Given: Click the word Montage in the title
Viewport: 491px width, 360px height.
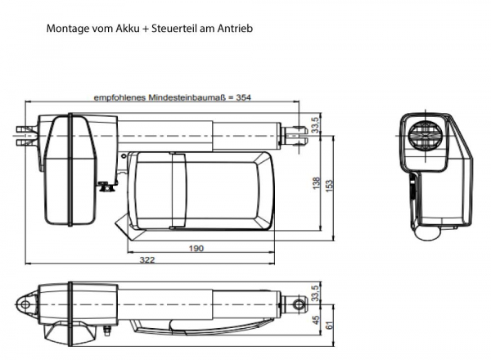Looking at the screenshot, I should (x=68, y=29).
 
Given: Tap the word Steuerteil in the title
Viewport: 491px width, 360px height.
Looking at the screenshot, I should (x=169, y=29).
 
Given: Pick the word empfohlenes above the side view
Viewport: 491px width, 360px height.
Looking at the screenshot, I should (x=119, y=97).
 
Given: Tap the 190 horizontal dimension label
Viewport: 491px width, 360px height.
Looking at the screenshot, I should (x=196, y=249).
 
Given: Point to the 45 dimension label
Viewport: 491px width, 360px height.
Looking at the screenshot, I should (x=316, y=320).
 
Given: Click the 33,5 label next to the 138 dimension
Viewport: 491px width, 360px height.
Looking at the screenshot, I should (x=316, y=123).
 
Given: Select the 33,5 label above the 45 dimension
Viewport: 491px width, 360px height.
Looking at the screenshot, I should (x=316, y=291).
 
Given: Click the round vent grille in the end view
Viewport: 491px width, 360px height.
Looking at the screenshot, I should (x=427, y=135).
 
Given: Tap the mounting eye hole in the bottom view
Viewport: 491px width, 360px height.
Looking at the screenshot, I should (x=27, y=304).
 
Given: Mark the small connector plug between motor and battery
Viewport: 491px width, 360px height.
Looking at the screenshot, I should (x=104, y=187).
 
